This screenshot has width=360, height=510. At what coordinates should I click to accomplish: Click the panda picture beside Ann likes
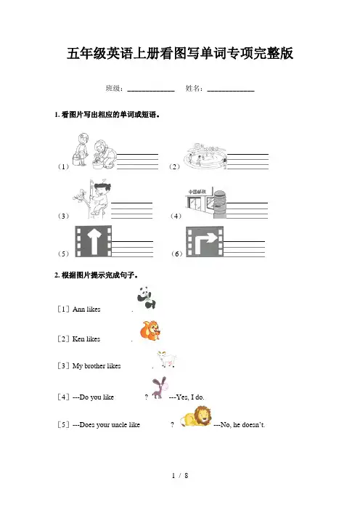147,297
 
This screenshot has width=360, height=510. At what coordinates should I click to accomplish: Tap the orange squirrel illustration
150,330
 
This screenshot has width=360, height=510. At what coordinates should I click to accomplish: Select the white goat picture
167,359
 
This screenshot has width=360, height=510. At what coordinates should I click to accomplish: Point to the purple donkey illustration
159,387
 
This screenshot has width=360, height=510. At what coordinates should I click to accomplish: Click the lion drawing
195,416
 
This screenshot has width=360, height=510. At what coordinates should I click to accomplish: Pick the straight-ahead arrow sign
94,241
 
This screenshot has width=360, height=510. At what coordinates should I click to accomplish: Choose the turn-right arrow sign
205,242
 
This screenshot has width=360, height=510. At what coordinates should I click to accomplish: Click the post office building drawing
206,203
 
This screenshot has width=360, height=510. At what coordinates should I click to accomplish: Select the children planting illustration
94,150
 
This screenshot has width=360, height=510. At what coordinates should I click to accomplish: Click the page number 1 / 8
180,476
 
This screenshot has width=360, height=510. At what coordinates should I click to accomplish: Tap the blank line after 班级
151,91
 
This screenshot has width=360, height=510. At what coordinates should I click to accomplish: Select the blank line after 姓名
231,91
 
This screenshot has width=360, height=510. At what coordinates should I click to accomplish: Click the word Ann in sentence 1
78,309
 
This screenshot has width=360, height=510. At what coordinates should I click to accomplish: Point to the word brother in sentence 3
94,365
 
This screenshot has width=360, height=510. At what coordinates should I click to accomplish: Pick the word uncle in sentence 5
118,424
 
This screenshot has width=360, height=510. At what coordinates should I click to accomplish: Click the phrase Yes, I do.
190,397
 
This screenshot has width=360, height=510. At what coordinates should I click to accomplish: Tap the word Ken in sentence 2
78,339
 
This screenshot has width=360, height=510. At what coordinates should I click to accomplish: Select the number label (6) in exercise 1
176,254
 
